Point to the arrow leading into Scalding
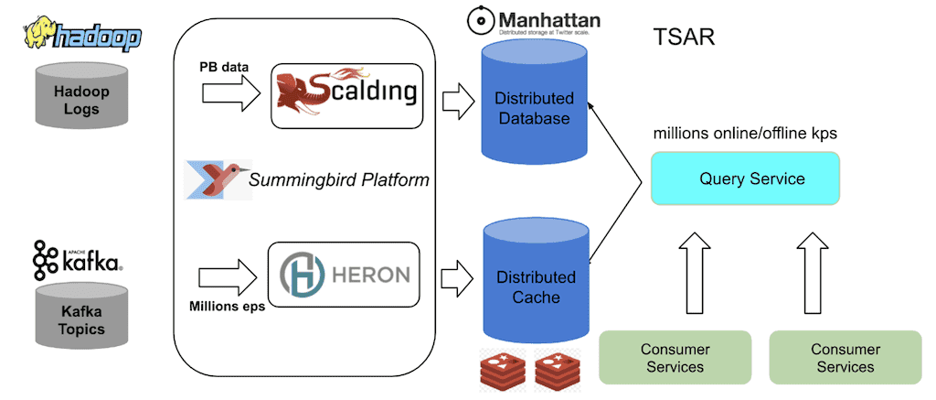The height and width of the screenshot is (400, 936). click(229, 92)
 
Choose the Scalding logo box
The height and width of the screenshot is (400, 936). click(348, 93)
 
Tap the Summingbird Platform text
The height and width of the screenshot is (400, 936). click(339, 180)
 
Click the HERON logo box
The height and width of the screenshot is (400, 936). click(343, 274)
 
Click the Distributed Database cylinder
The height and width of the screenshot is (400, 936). click(534, 108)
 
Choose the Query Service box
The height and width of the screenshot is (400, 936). click(744, 178)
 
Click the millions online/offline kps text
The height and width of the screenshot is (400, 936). click(745, 134)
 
